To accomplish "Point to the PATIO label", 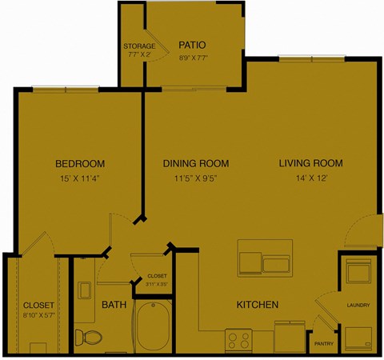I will pyautogui.click(x=194, y=45).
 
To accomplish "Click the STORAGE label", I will pyautogui.click(x=139, y=46).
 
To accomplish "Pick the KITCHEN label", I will pyautogui.click(x=257, y=305).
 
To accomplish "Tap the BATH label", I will pyautogui.click(x=113, y=305).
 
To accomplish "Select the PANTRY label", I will pyautogui.click(x=324, y=344).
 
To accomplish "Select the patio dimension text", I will pyautogui.click(x=194, y=58).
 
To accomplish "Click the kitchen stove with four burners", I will pyautogui.click(x=240, y=341).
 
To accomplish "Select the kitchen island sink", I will pyautogui.click(x=276, y=262).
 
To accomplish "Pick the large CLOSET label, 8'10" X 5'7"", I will pyautogui.click(x=38, y=305).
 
